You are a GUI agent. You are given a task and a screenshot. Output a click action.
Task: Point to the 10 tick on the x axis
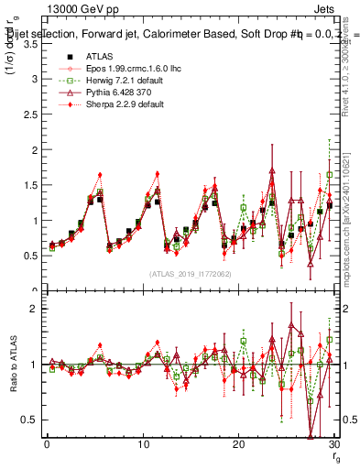tap(142, 444)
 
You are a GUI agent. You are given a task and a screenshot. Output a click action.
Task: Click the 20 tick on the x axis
tap(238, 444)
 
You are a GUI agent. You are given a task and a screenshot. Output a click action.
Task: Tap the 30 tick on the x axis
tap(334, 444)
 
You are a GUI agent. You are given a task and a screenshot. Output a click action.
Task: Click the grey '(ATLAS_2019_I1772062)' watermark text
tap(190, 273)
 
